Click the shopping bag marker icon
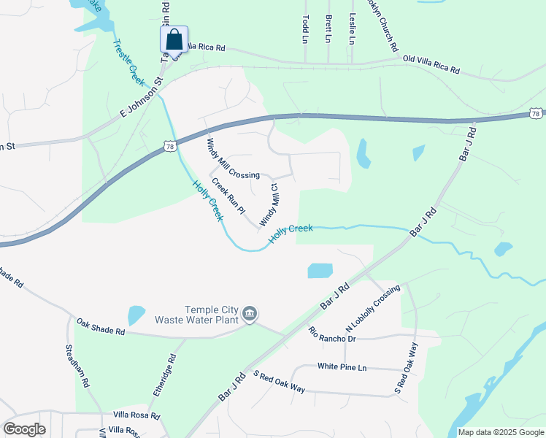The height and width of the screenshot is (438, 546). pos(174,39)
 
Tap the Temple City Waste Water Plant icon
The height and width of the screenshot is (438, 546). pos(250,313)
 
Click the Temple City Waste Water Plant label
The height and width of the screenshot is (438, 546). pos(199,314)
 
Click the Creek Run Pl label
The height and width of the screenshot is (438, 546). pos(228,196)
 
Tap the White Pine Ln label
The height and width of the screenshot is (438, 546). pos(342,366)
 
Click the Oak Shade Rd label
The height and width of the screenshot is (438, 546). pos(101,326)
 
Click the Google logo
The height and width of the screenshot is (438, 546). pos(24,429)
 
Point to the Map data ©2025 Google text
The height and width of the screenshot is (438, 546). pos(500,432)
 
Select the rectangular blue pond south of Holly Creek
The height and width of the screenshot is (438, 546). pos(320,271)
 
